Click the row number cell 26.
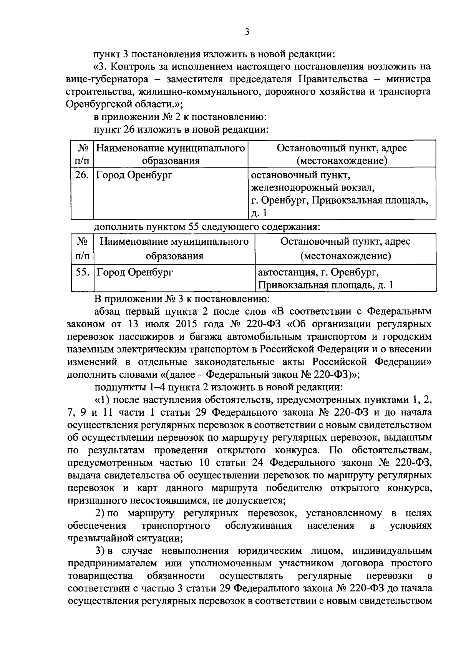coord(82,176)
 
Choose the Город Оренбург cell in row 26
coord(134,176)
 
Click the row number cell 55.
coord(83,272)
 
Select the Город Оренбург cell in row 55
coord(135,272)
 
